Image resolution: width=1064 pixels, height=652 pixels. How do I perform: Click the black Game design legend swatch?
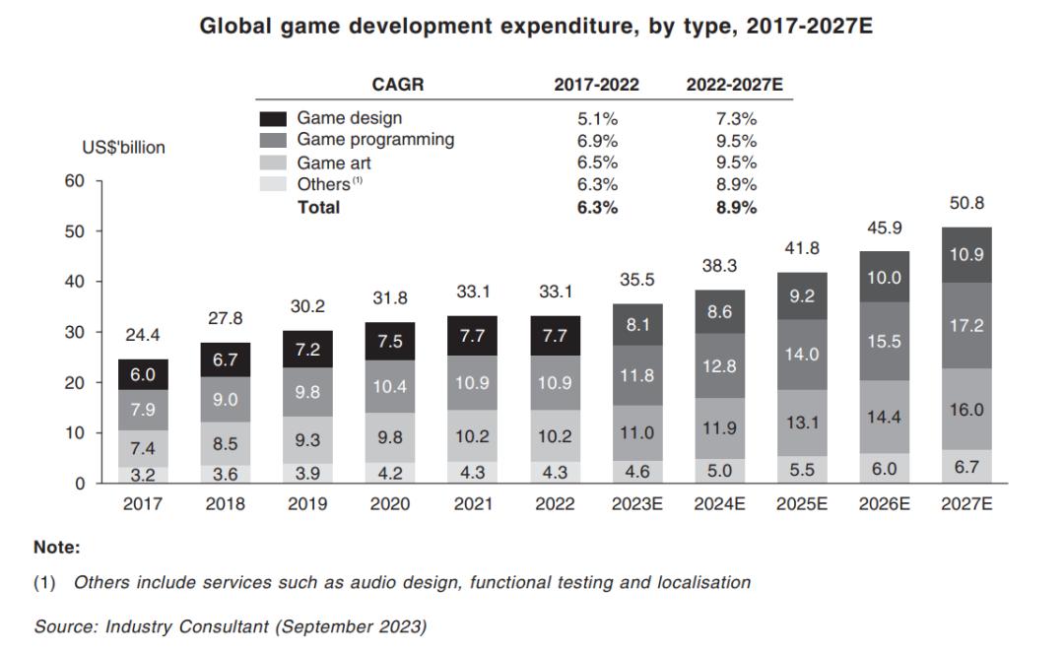[x=272, y=118]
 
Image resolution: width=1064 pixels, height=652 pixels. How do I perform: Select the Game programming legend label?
[x=375, y=140]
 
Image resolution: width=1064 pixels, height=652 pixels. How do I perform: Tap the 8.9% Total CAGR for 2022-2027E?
[x=736, y=208]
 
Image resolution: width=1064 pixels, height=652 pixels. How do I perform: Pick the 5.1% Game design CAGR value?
[x=597, y=118]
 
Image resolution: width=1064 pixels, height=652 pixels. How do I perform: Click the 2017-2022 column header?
[x=596, y=85]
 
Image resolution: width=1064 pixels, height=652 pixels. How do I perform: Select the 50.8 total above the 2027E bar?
[x=966, y=204]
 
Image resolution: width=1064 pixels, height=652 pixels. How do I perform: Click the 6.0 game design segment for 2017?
[x=143, y=374]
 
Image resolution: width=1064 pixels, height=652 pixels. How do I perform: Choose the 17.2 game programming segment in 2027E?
[x=966, y=326]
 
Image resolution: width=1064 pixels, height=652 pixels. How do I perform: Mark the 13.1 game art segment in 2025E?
[x=803, y=423]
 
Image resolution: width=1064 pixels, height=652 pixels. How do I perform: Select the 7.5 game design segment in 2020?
[x=389, y=341]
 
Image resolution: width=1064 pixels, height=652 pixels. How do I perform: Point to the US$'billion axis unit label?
[x=123, y=148]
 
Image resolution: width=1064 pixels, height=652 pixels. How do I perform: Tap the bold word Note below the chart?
[x=56, y=547]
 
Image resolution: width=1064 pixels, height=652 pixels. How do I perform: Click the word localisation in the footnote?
[x=702, y=582]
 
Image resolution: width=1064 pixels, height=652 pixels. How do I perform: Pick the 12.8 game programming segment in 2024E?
[x=720, y=366]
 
